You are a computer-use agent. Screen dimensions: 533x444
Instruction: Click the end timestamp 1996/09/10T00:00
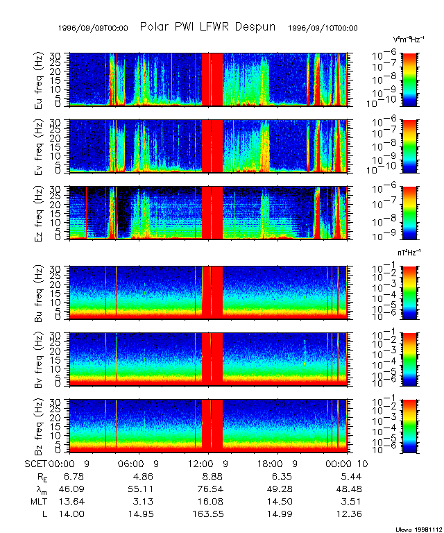coord(323,28)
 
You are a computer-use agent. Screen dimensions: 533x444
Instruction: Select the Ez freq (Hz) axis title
coord(39,213)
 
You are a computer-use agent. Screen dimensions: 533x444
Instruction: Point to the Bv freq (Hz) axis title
coord(39,359)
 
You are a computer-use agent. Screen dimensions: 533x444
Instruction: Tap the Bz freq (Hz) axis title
coord(39,425)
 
